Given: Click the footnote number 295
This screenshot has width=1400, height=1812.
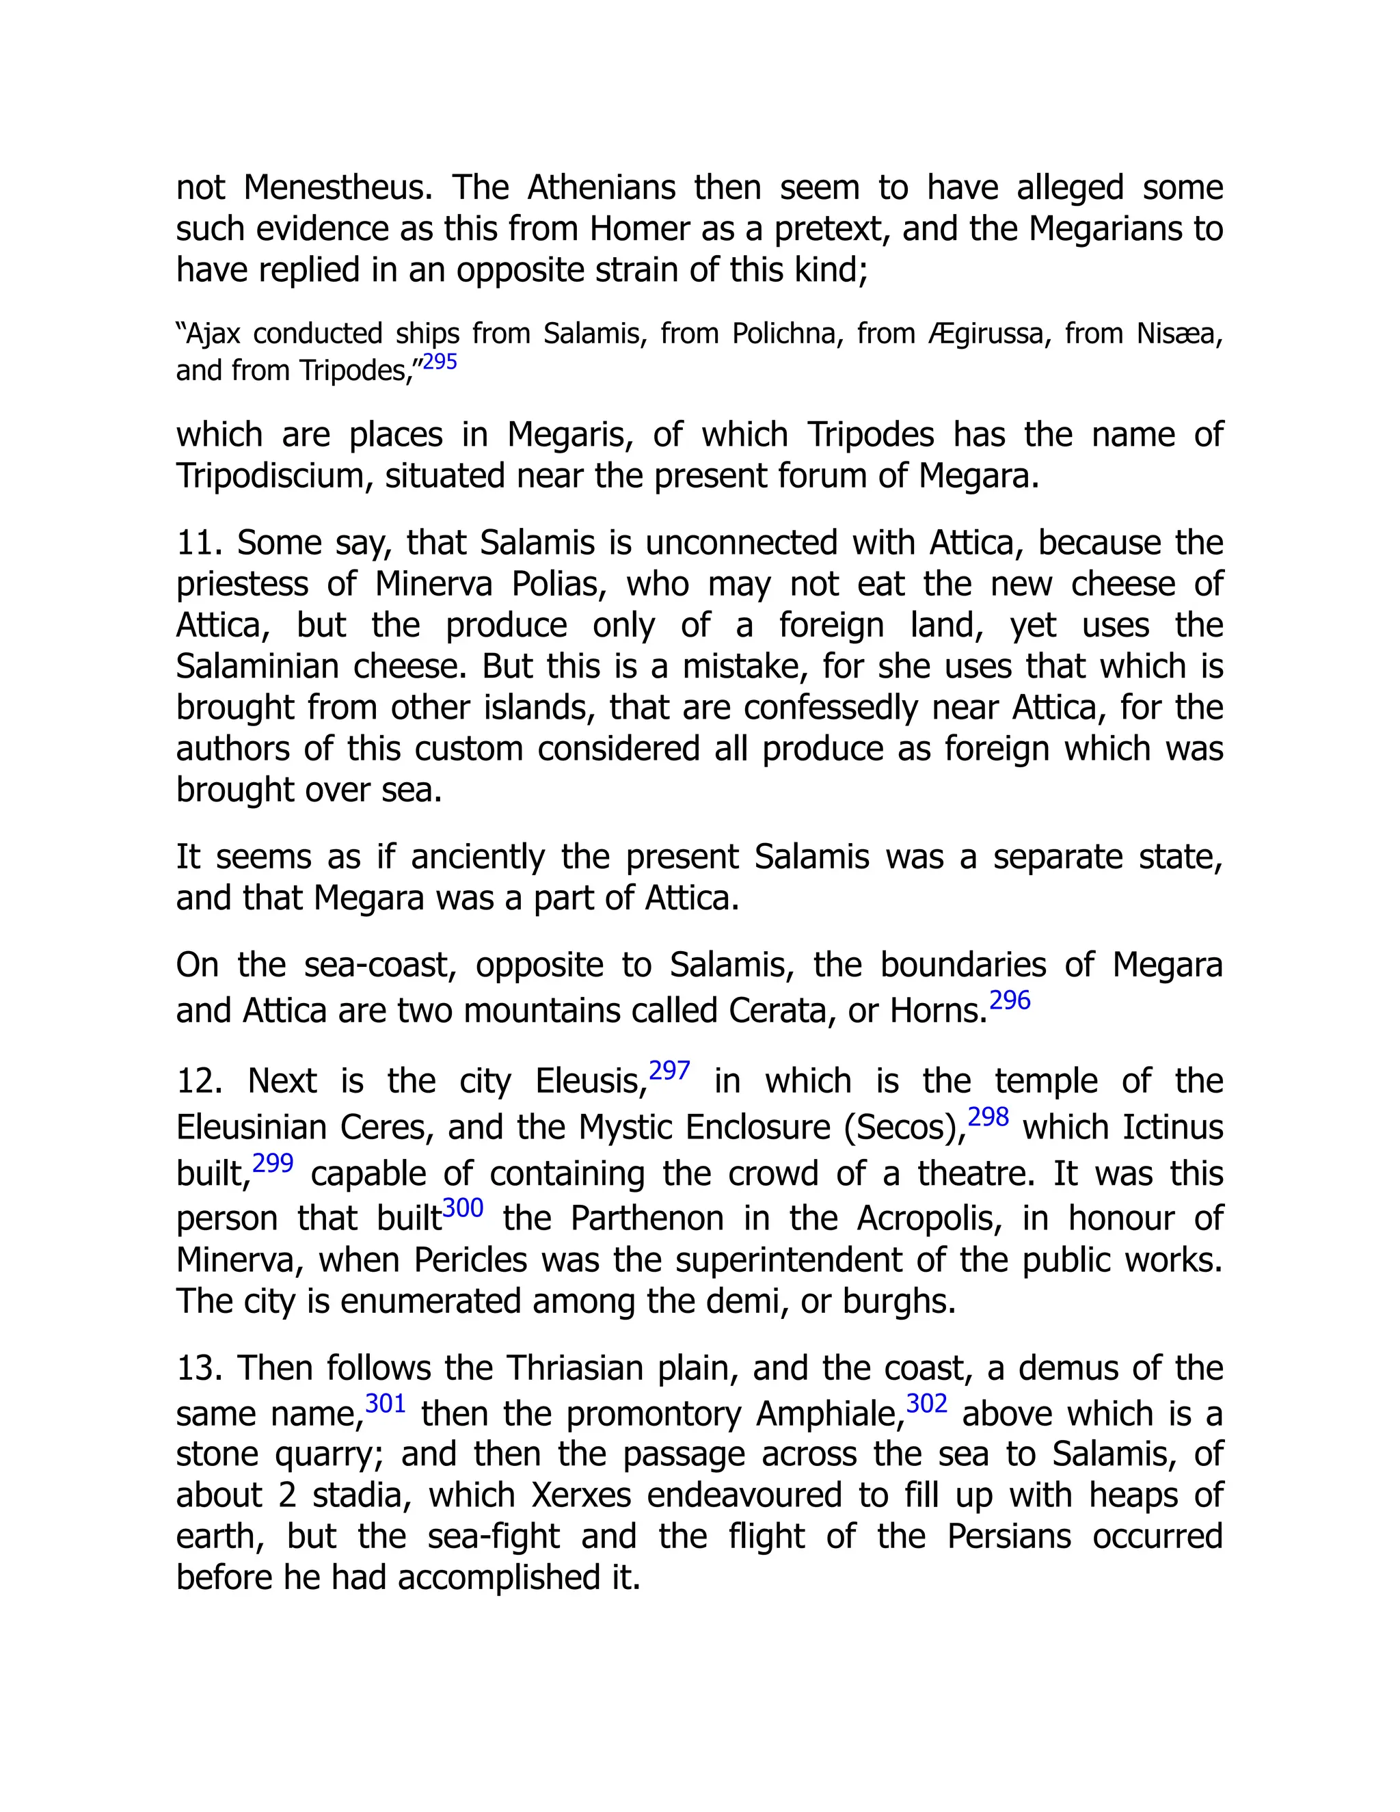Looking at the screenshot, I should pyautogui.click(x=440, y=362).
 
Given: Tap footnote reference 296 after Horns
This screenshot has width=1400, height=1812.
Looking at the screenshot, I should pyautogui.click(x=1010, y=1000).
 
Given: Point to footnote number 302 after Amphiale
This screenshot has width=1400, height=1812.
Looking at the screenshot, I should pyautogui.click(x=926, y=1403).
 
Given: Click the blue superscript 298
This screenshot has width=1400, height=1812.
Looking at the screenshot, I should pyautogui.click(x=988, y=1117).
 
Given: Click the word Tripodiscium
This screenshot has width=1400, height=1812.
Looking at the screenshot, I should pyautogui.click(x=273, y=476).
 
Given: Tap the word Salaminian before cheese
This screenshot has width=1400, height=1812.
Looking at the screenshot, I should pyautogui.click(x=257, y=667).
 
